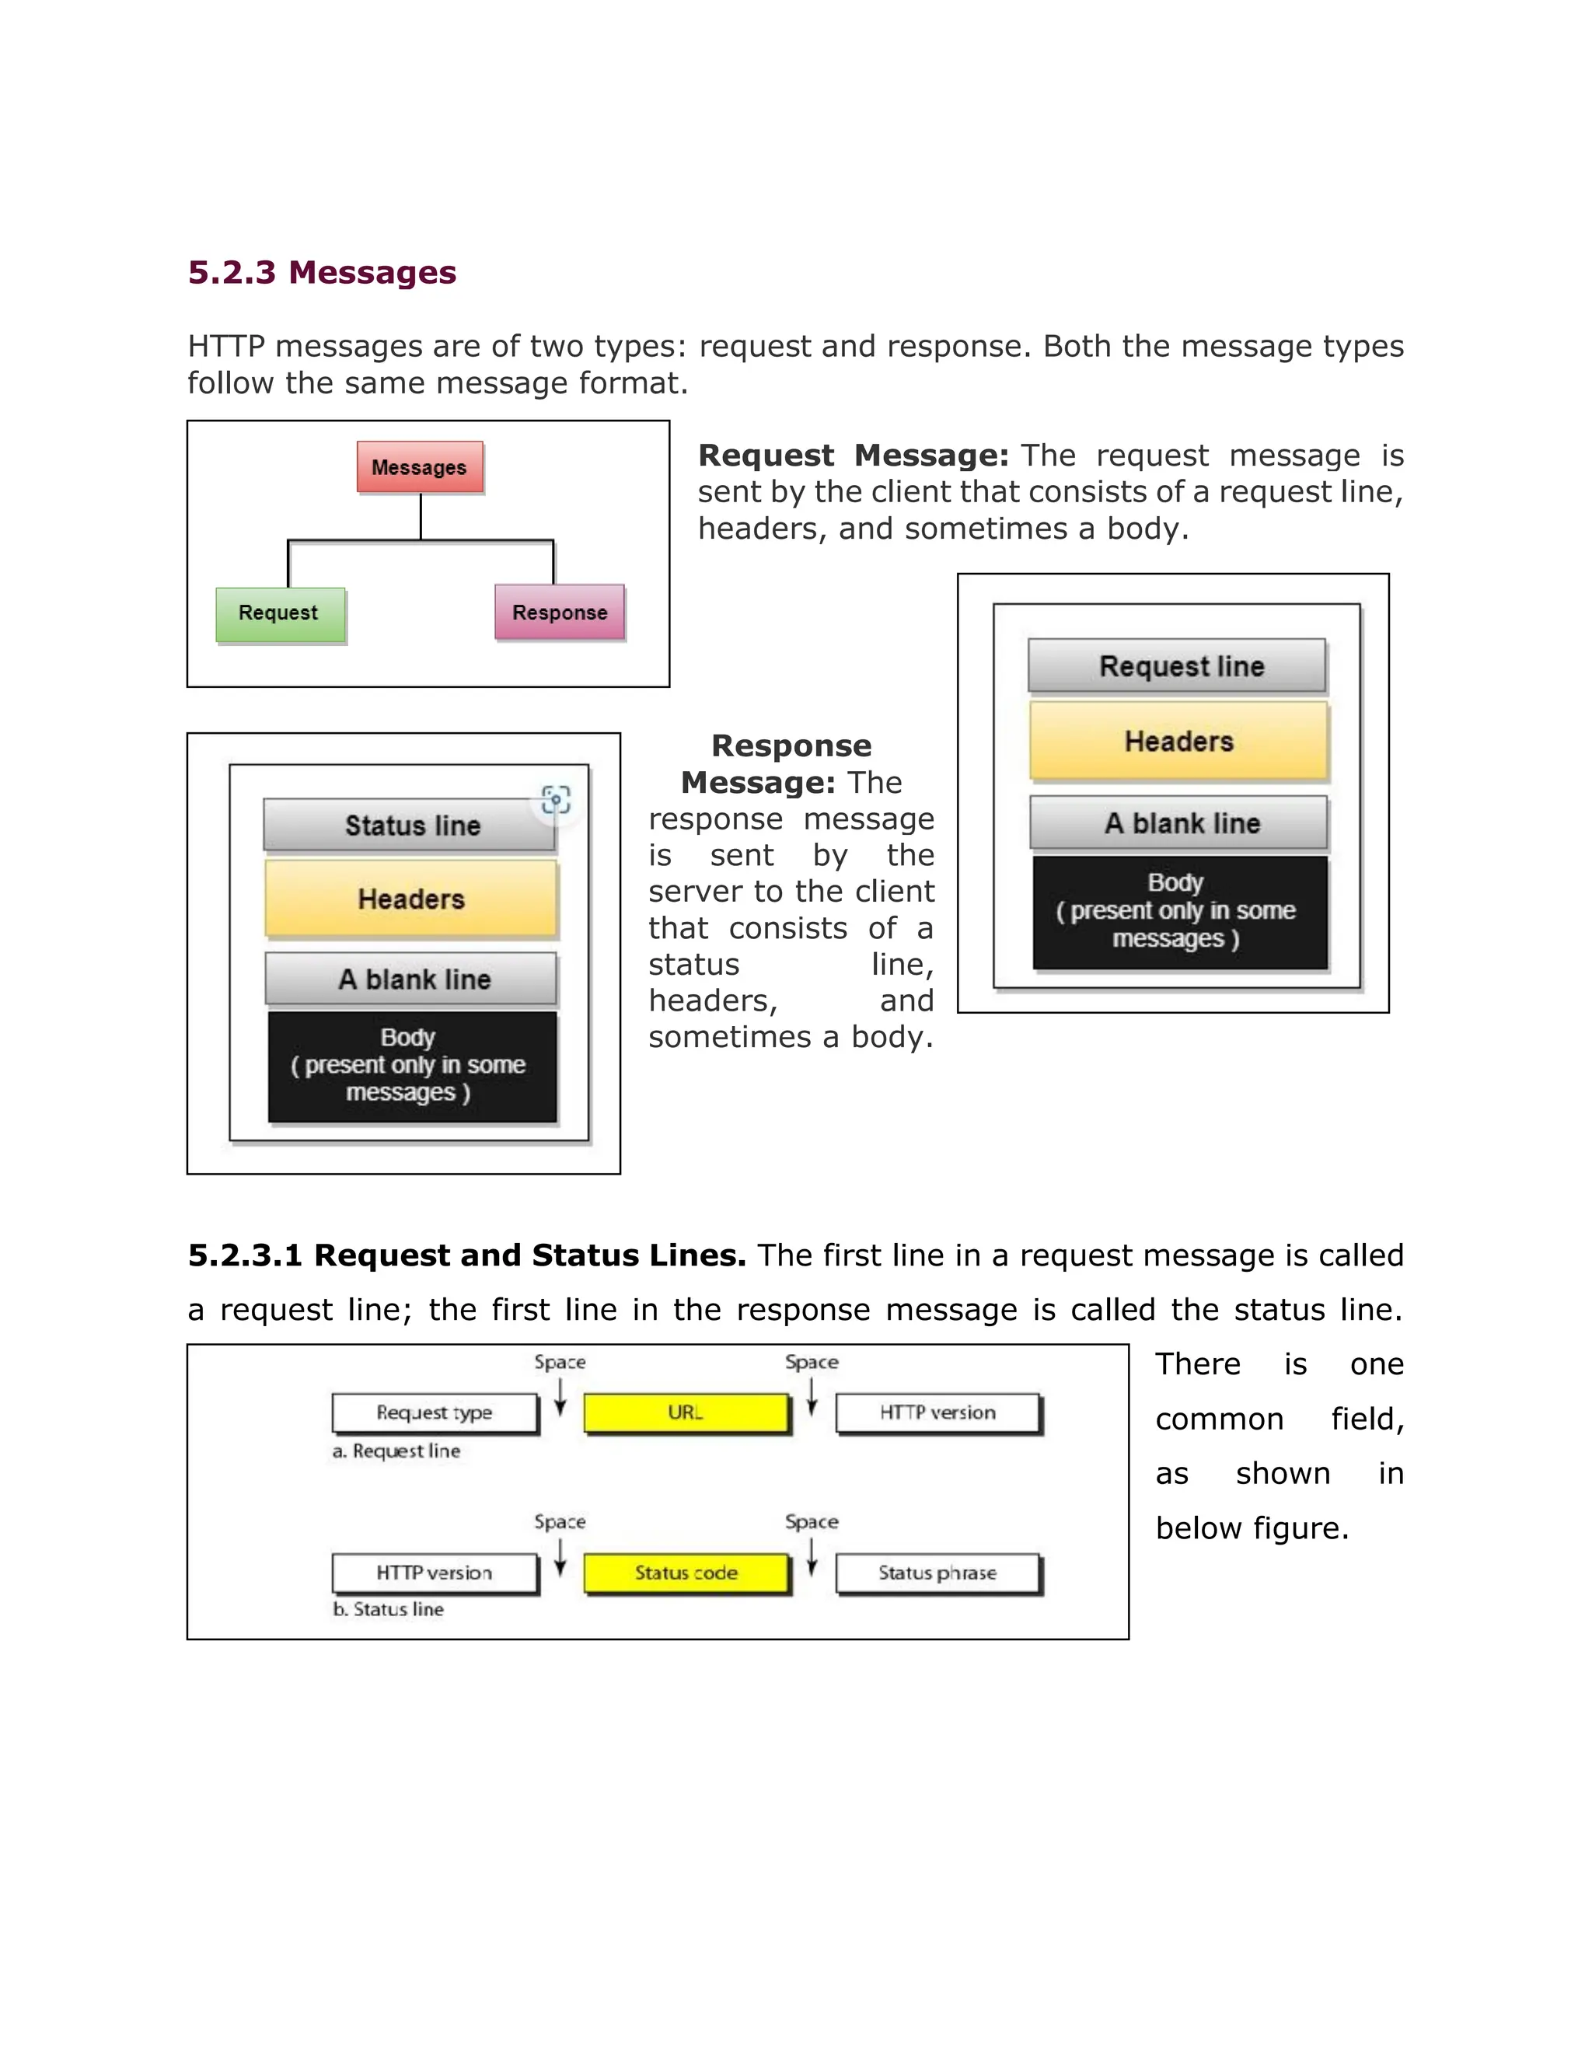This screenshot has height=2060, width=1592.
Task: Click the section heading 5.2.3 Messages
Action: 322,273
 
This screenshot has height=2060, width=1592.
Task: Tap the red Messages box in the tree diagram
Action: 420,468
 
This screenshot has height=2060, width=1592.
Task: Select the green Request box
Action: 279,614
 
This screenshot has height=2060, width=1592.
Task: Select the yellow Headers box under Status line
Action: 411,899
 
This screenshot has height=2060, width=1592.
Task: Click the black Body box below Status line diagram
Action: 411,1066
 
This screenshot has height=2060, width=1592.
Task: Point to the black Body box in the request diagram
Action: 1179,911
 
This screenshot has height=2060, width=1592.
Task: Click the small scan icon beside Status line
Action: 557,800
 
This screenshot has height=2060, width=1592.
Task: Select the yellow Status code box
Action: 686,1573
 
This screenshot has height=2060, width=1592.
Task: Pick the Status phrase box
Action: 937,1573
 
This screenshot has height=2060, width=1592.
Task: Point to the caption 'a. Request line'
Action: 396,1451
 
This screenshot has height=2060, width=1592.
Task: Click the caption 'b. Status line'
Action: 388,1610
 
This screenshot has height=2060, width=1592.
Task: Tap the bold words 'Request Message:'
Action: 853,456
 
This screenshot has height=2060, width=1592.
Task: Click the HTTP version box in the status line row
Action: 435,1573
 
